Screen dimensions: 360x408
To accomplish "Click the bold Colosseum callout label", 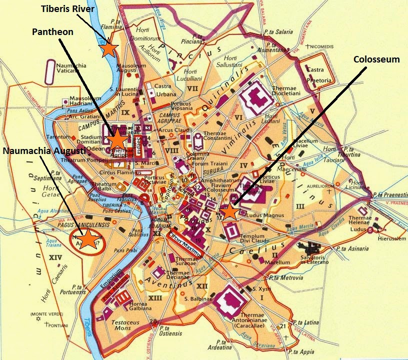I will point(376,59).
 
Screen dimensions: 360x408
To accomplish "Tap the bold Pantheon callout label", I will point(52,32).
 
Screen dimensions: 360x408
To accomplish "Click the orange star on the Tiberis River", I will point(109,49).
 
